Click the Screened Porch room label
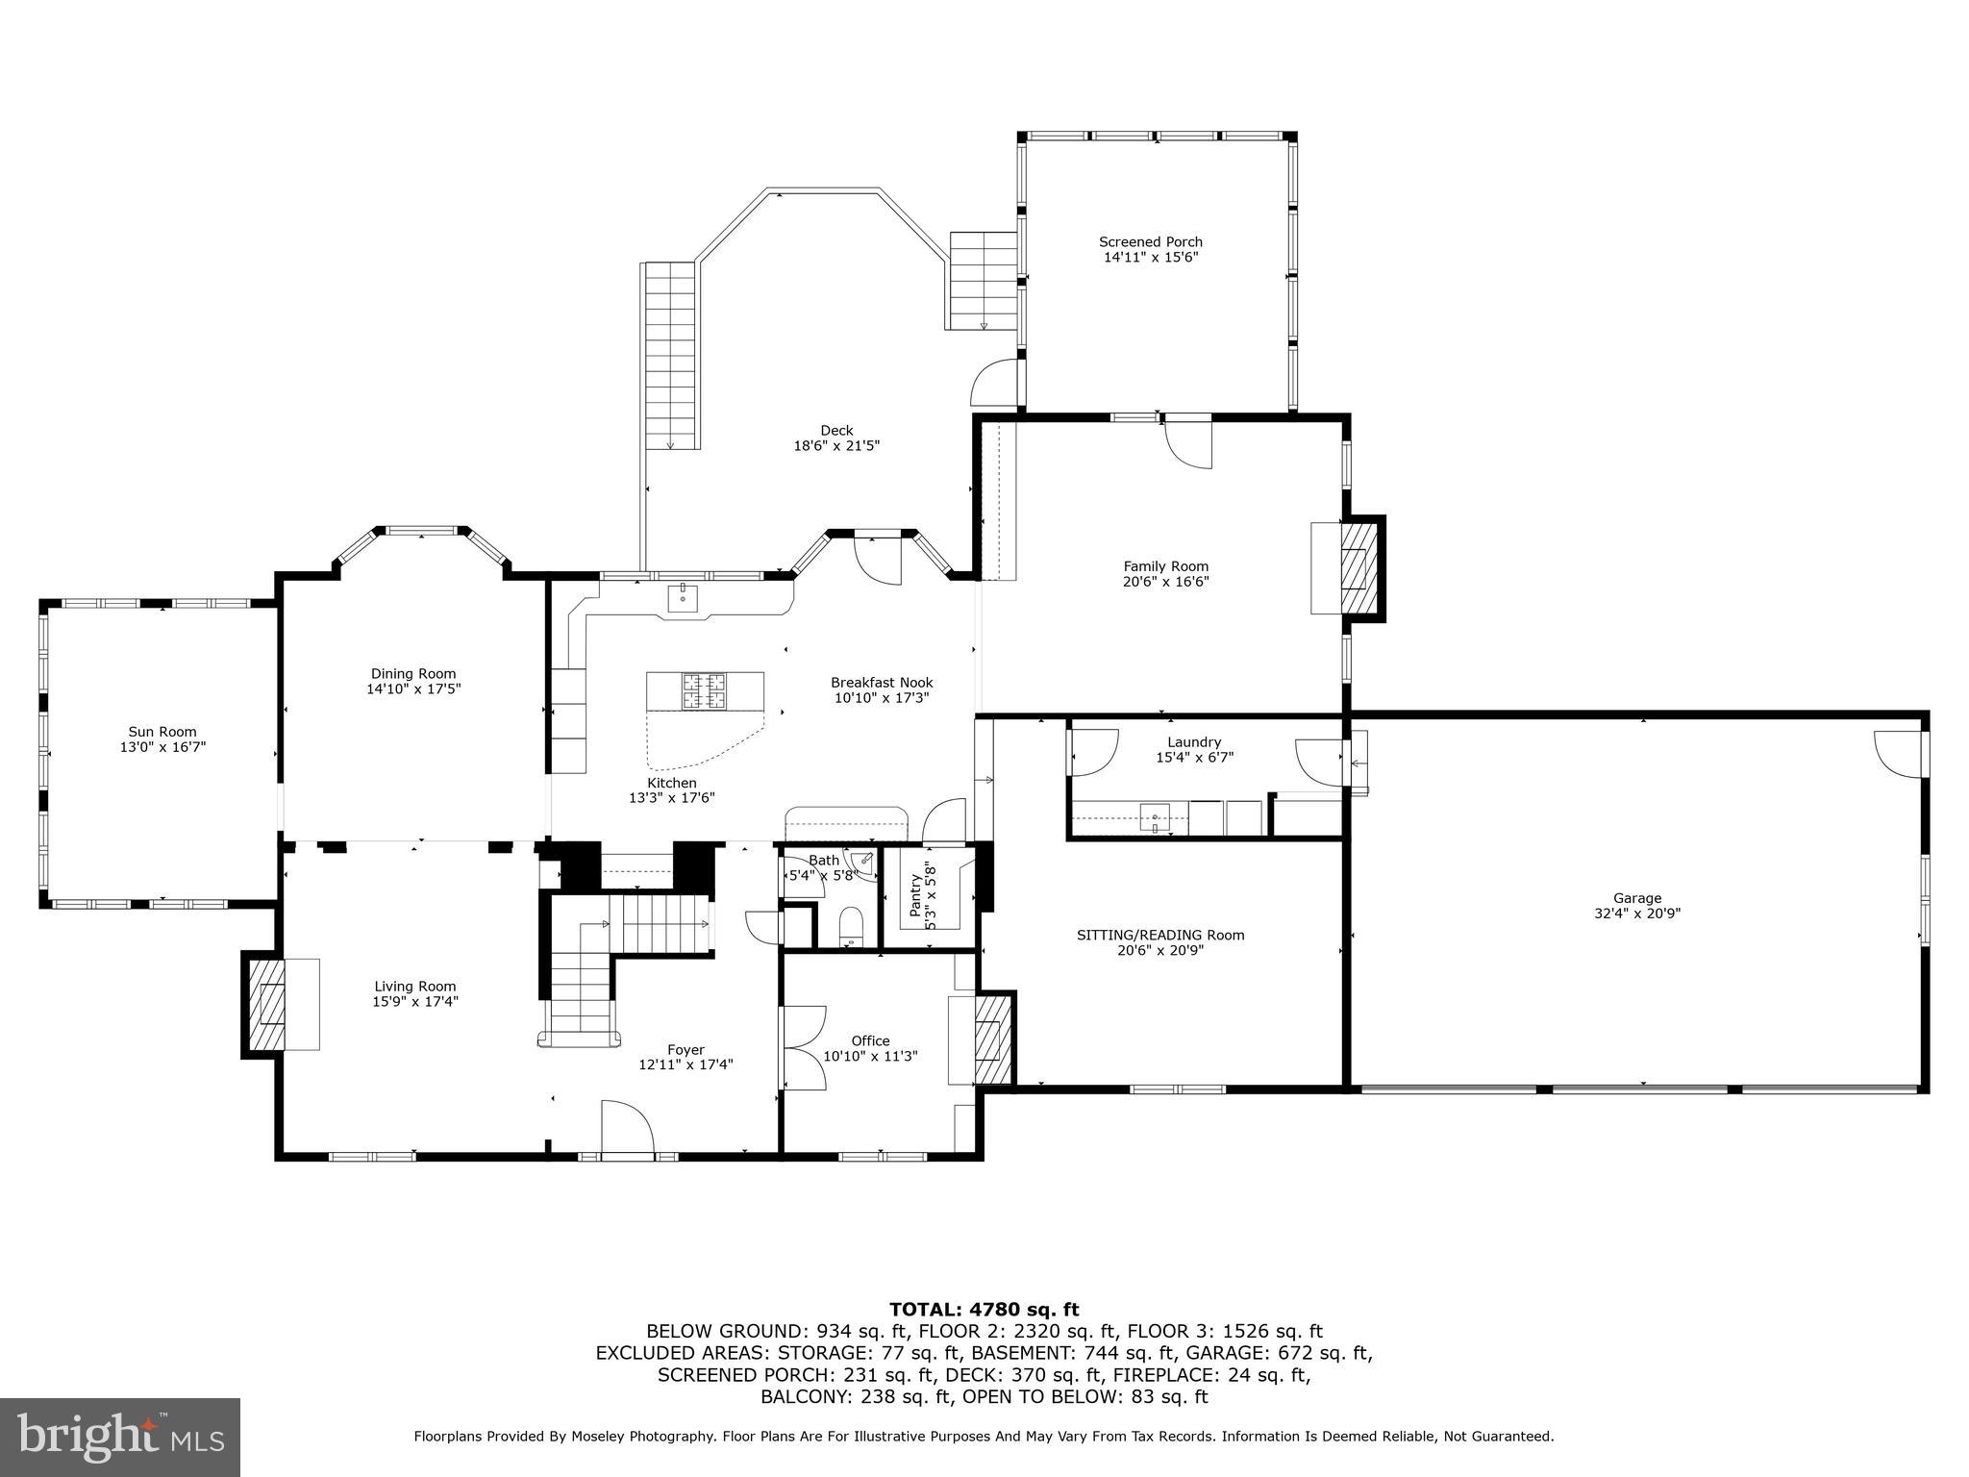pos(1151,242)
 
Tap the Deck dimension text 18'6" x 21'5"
pos(836,446)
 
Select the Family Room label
pos(1165,566)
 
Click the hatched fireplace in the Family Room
pos(1359,568)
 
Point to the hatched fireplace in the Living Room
pos(265,1004)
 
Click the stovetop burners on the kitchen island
pos(706,691)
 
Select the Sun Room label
pos(162,732)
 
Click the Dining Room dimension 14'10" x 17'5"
pos(413,689)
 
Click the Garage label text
pos(1636,898)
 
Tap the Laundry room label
pos(1194,742)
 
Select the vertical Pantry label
pos(915,895)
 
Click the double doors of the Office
pos(802,1046)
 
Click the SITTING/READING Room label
pos(1159,935)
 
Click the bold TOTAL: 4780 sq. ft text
pos(984,1309)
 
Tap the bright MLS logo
pos(120,1438)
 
